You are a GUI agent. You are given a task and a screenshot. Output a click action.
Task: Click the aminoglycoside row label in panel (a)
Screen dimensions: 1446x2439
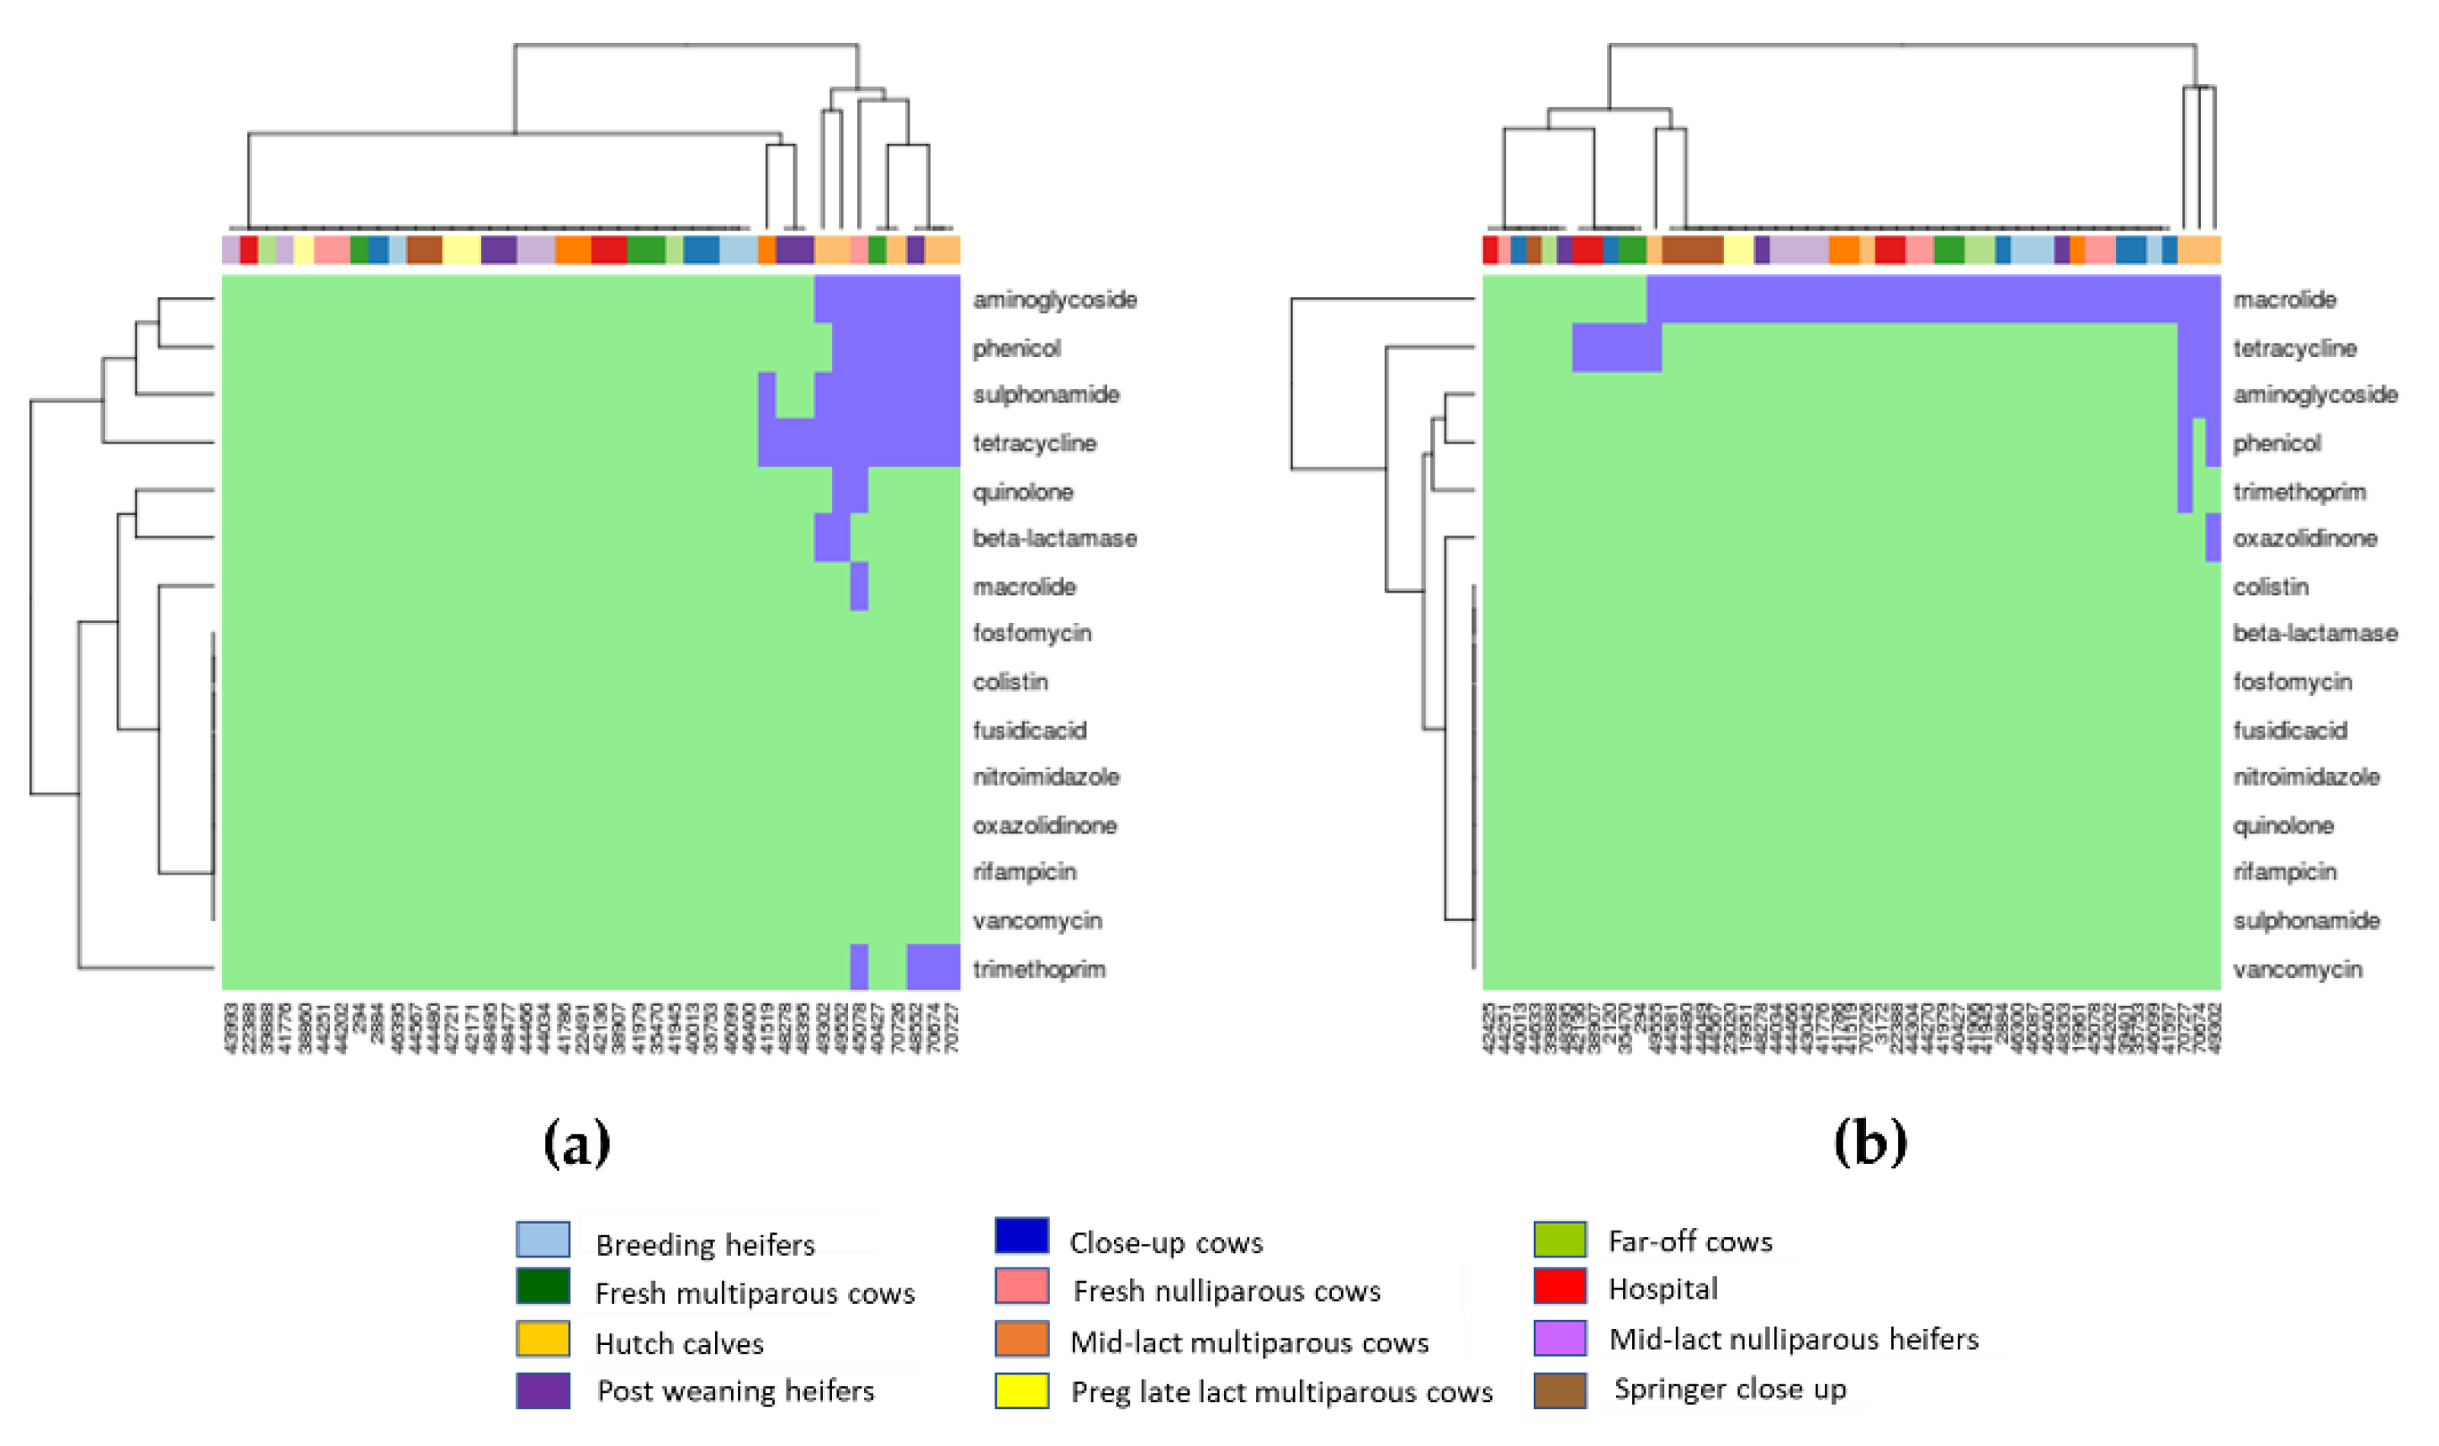pyautogui.click(x=1054, y=299)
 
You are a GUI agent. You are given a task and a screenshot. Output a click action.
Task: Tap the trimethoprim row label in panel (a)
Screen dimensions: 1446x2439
pyautogui.click(x=1038, y=969)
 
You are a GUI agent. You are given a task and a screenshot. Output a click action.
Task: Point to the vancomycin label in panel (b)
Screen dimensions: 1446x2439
pyautogui.click(x=2297, y=969)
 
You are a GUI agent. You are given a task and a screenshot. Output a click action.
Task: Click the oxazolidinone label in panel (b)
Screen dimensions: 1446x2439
pyautogui.click(x=2304, y=538)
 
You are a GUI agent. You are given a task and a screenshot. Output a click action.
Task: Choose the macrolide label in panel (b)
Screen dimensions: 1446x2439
pyautogui.click(x=2284, y=299)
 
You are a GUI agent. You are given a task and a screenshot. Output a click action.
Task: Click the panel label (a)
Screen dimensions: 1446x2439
pyautogui.click(x=576, y=1143)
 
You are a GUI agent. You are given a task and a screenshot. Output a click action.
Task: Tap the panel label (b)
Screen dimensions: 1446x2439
pyautogui.click(x=1869, y=1143)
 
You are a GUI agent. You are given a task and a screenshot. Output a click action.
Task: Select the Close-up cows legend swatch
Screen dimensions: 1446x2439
pyautogui.click(x=1021, y=1236)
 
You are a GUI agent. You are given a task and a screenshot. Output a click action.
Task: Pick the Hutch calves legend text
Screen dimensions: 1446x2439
pyautogui.click(x=679, y=1343)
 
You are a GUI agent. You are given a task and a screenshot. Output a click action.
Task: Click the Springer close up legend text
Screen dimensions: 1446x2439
pyautogui.click(x=1729, y=1389)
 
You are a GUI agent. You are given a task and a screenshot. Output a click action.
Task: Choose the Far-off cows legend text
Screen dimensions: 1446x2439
pyautogui.click(x=1690, y=1241)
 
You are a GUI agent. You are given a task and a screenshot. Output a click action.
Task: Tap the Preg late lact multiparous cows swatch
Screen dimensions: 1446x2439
pyautogui.click(x=1021, y=1390)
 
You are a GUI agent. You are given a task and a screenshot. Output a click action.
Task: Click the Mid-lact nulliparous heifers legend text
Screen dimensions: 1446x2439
pyautogui.click(x=1793, y=1339)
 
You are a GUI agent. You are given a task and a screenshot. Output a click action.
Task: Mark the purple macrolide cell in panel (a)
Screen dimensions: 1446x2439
pyautogui.click(x=859, y=587)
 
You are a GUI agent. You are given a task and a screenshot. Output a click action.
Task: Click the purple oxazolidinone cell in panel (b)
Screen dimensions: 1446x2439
pyautogui.click(x=2213, y=538)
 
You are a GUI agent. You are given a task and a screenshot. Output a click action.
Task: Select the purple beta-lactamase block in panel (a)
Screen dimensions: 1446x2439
pyautogui.click(x=832, y=538)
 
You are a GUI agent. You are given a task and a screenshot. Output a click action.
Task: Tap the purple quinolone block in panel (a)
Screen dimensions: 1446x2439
pyautogui.click(x=851, y=491)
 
